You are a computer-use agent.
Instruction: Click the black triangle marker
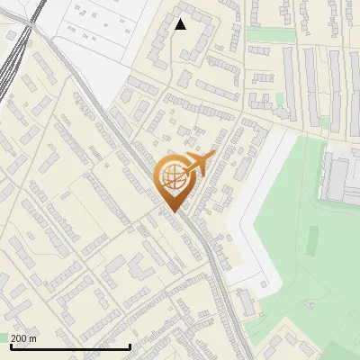[181, 24]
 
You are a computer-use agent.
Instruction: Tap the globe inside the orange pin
[172, 180]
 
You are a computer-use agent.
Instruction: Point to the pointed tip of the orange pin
[172, 211]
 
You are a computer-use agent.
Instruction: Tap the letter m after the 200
[33, 338]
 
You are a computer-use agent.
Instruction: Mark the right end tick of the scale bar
[130, 346]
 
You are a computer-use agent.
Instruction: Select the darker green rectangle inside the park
[314, 238]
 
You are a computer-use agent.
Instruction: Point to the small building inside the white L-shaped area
[245, 302]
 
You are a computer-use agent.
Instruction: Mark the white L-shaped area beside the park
[252, 216]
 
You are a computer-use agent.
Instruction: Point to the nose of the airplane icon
[214, 156]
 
